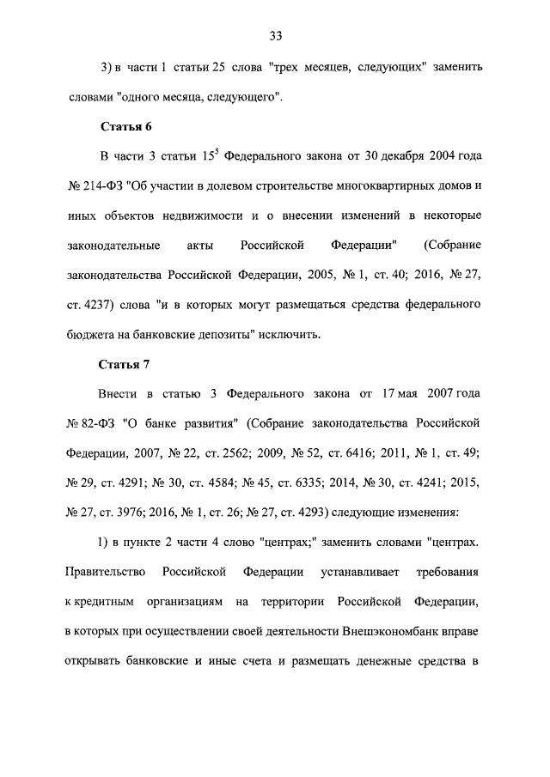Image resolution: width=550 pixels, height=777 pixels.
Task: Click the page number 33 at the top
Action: pos(275,36)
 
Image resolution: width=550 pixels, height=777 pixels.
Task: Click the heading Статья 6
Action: pos(125,126)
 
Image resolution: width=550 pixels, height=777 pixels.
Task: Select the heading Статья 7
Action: pos(125,364)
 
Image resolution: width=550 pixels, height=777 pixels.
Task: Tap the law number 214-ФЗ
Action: pos(101,185)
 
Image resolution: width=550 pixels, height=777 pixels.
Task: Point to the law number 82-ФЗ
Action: pos(97,423)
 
